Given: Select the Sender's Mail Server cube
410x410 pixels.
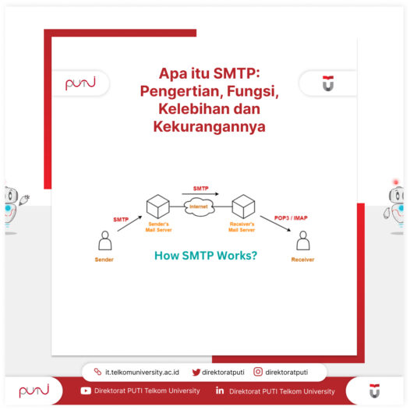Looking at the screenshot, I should [x=158, y=207].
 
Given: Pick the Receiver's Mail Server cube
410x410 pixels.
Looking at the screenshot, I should [x=243, y=207].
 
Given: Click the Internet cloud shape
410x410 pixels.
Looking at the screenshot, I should [x=200, y=207].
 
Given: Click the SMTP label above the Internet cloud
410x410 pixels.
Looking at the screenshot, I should [x=201, y=189].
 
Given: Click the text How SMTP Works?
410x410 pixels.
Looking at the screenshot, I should [x=206, y=255].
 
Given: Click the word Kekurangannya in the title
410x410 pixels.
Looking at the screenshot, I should [x=207, y=125].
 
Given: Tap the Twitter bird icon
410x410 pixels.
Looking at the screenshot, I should [x=196, y=373].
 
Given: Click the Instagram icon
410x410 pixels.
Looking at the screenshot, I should [x=258, y=373].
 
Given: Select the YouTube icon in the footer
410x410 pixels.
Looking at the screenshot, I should [x=86, y=391].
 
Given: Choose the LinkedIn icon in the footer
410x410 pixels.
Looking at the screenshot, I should [x=221, y=391].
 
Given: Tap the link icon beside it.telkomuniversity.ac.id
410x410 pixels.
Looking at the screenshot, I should [x=97, y=373].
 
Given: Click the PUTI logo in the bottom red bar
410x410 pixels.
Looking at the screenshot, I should [x=34, y=391].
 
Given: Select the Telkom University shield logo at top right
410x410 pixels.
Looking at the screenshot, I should [x=327, y=83].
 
